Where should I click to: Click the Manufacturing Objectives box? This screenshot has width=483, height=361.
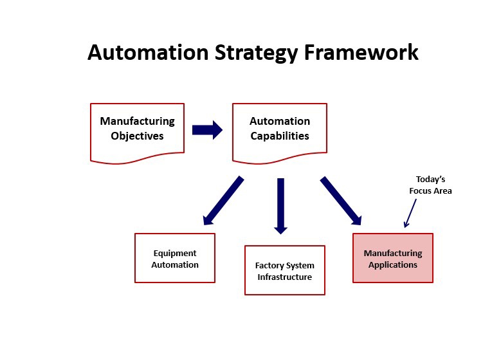pyautogui.click(x=137, y=131)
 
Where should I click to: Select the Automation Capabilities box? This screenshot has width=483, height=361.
pyautogui.click(x=279, y=131)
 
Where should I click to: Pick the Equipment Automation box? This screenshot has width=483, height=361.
pyautogui.click(x=175, y=258)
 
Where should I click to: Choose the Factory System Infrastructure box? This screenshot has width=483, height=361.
pyautogui.click(x=284, y=270)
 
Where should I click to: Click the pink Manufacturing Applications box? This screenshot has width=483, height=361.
pyautogui.click(x=393, y=257)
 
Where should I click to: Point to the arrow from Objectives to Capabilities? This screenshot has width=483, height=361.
pyautogui.click(x=207, y=130)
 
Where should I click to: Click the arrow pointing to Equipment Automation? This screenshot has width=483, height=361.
pyautogui.click(x=223, y=201)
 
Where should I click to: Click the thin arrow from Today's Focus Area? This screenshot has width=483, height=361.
pyautogui.click(x=410, y=212)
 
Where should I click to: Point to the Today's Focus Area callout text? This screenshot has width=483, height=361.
pyautogui.click(x=430, y=185)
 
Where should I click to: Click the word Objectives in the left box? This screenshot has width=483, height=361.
pyautogui.click(x=137, y=136)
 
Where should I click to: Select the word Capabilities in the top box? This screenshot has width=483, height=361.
pyautogui.click(x=280, y=136)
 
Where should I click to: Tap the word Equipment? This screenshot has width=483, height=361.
pyautogui.click(x=175, y=254)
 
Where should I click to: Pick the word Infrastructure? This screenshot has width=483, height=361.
pyautogui.click(x=284, y=277)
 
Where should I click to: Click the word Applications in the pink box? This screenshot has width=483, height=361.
pyautogui.click(x=393, y=264)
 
